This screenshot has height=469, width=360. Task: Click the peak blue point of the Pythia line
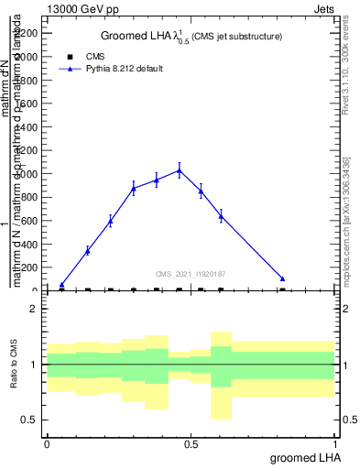tap(180, 169)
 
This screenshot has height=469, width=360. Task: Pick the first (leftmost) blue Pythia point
tap(61, 285)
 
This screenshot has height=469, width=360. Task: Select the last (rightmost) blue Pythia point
tap(283, 278)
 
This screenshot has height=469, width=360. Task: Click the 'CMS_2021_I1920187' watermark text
tap(190, 273)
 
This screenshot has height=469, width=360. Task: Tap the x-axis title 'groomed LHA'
tap(311, 457)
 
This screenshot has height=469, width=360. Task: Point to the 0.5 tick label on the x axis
tap(191, 443)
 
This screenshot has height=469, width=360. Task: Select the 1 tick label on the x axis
tap(336, 443)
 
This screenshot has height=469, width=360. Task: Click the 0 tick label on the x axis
tap(47, 443)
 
